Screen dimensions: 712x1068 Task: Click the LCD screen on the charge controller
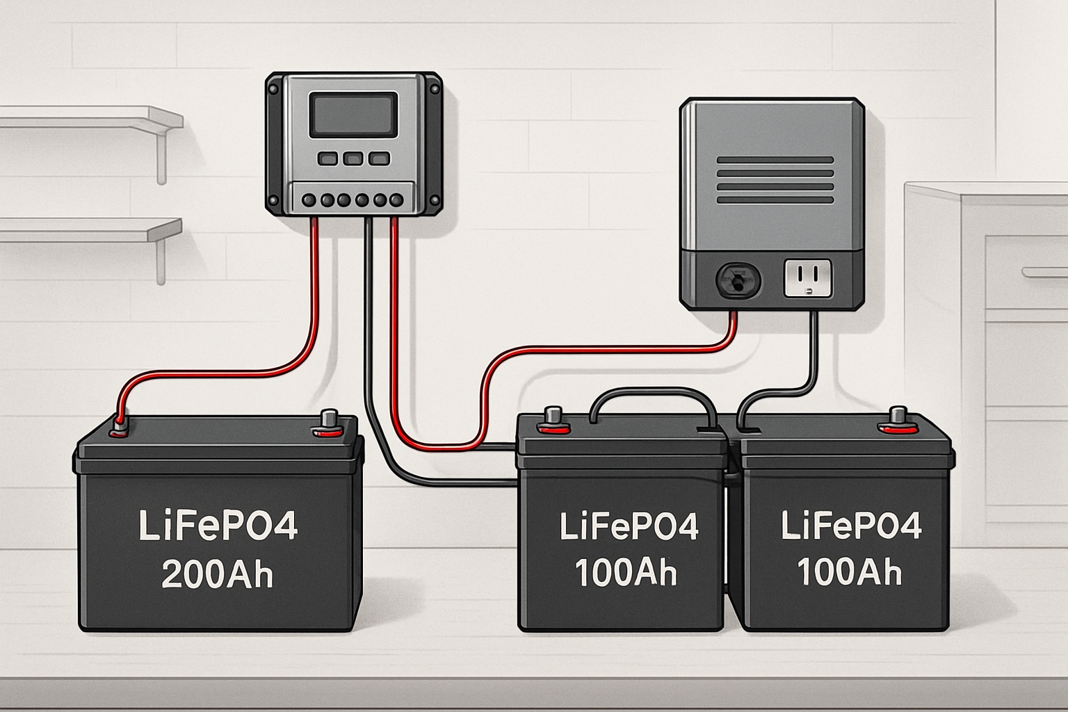(x=353, y=115)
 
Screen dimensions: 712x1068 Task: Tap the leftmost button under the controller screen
(x=327, y=159)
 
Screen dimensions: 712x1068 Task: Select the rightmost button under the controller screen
(x=379, y=159)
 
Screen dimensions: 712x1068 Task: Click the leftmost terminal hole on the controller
(x=309, y=200)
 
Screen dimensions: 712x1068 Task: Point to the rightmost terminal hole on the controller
(x=397, y=200)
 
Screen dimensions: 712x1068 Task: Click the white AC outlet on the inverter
(x=808, y=279)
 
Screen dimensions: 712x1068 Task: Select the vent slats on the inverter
(x=775, y=180)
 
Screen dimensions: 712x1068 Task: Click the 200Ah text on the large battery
(x=218, y=575)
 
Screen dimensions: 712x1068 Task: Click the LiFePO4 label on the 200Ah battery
(x=218, y=526)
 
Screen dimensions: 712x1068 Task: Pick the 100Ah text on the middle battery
(x=626, y=572)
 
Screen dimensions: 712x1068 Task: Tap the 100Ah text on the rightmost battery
(x=849, y=572)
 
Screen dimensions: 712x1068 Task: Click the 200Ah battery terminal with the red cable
(x=119, y=426)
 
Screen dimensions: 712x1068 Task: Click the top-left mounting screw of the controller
(x=273, y=86)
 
